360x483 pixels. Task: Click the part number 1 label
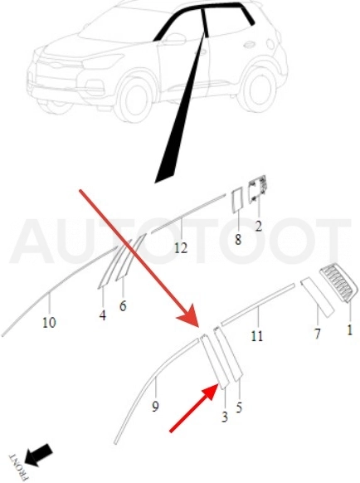coord(349,330)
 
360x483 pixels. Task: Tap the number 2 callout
coord(258,227)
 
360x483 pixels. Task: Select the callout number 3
coord(225,417)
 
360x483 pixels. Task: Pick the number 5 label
coord(239,407)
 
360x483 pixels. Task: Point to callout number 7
coord(317,334)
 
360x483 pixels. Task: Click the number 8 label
coord(238,239)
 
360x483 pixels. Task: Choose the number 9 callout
coord(155,407)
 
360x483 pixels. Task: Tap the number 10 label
coord(49,323)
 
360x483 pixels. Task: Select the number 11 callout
coord(257,336)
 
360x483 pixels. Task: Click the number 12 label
coord(181,248)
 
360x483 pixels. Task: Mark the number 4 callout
coord(103,315)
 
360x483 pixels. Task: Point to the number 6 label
coord(123,306)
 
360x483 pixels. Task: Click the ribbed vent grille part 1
coord(338,283)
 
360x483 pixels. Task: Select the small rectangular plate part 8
coord(236,201)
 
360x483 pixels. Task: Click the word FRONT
coord(19,467)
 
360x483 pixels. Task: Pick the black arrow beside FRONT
coord(38,455)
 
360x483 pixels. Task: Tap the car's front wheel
coord(134,97)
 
